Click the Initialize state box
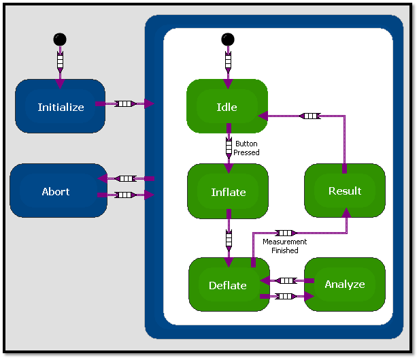[61, 107]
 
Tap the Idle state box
[227, 107]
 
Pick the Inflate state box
[228, 192]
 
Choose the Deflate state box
[228, 285]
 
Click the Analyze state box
[345, 284]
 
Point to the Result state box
[345, 191]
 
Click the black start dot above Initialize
[60, 39]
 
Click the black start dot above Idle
[228, 39]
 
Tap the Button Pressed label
[246, 148]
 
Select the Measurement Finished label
[285, 246]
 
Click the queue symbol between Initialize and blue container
[124, 103]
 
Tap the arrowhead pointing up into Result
[346, 213]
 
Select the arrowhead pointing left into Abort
[102, 178]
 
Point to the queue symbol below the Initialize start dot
[60, 63]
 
